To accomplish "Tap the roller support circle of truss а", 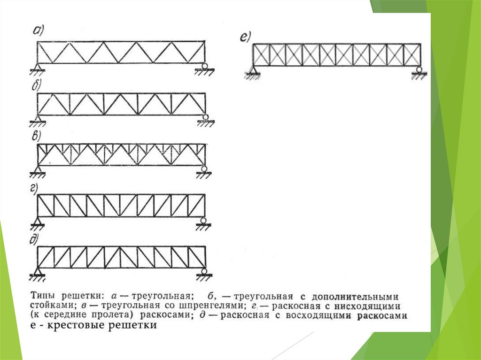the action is point(205,65).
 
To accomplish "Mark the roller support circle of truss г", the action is point(203,220).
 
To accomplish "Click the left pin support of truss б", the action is point(38,117).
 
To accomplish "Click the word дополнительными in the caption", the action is point(362,297).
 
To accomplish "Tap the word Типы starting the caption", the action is point(42,297).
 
